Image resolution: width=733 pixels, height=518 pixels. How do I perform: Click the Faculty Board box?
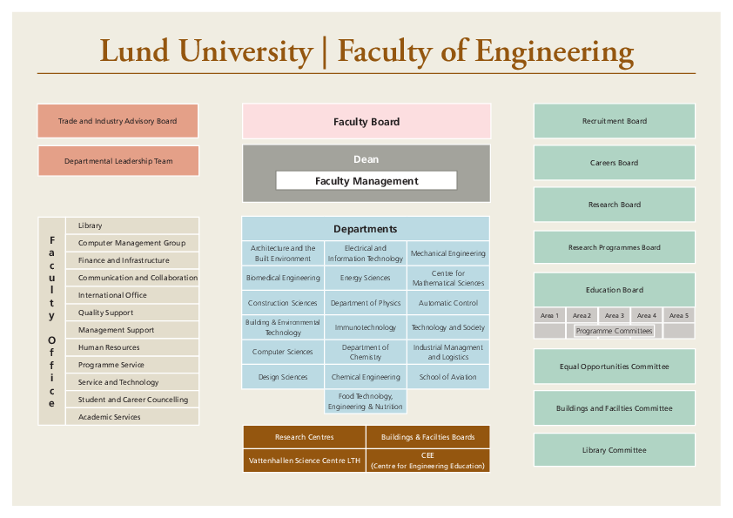(x=366, y=121)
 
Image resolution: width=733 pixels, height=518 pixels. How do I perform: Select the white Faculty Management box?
(x=366, y=180)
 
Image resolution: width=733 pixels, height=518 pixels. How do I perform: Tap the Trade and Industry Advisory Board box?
(x=118, y=121)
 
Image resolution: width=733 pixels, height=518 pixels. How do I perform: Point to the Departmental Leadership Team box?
(x=118, y=161)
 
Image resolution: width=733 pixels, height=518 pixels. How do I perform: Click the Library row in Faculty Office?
(x=132, y=225)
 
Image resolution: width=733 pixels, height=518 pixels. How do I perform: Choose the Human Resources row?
(x=132, y=347)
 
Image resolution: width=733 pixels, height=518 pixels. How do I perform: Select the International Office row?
(x=132, y=295)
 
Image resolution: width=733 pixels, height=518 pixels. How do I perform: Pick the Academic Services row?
(x=132, y=416)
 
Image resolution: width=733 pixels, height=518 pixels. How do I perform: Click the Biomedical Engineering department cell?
(x=283, y=278)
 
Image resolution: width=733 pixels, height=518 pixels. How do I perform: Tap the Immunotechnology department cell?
(x=366, y=327)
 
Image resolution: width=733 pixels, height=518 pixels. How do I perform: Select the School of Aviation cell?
(x=447, y=377)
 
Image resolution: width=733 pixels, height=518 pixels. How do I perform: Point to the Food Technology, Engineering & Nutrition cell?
(x=366, y=401)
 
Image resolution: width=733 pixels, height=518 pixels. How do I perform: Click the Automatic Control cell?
(x=447, y=302)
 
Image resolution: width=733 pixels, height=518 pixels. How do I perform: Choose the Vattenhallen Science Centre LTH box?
(x=305, y=461)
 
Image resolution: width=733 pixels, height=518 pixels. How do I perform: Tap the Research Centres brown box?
(x=305, y=437)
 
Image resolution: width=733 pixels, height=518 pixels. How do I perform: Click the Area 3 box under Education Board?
(x=615, y=315)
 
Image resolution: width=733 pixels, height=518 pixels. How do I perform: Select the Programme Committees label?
(x=615, y=331)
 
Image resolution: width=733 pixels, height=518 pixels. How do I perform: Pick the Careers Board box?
(x=615, y=163)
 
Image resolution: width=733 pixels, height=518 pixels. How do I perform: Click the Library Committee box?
(x=615, y=450)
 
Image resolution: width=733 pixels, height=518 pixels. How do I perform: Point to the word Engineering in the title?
(x=555, y=52)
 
